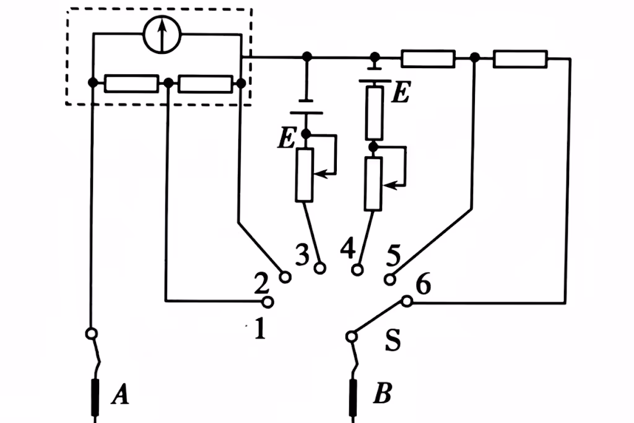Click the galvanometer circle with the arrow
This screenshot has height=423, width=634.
[x=161, y=35]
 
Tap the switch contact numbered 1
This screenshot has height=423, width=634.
[x=267, y=302]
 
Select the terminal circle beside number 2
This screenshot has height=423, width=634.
[x=285, y=277]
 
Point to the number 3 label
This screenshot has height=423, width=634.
[x=302, y=255]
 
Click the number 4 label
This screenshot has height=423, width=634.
[x=349, y=250]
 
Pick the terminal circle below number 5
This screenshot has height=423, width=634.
[x=390, y=279]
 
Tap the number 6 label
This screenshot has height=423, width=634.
[x=423, y=286]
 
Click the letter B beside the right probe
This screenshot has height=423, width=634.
[x=382, y=395]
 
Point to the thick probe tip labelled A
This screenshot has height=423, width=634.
[x=97, y=397]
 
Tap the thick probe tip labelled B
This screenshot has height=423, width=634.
[x=355, y=397]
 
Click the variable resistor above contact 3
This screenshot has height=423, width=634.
[x=304, y=175]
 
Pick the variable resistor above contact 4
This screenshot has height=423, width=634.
[x=373, y=184]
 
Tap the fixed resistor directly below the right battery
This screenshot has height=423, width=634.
[x=374, y=113]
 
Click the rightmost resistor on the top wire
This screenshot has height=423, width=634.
[x=520, y=59]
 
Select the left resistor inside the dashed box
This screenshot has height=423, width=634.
[x=131, y=83]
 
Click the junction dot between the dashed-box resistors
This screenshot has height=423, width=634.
[x=168, y=83]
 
